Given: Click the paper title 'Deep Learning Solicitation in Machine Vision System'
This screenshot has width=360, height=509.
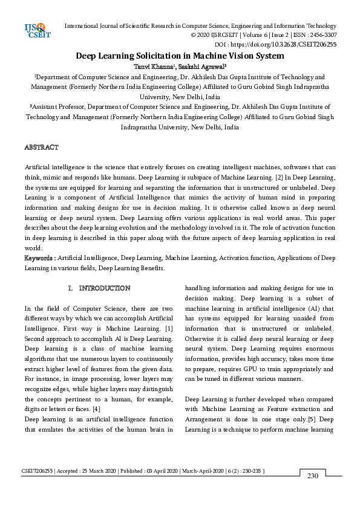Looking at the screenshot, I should (x=180, y=56).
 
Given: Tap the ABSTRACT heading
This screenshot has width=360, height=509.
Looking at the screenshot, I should (x=41, y=148).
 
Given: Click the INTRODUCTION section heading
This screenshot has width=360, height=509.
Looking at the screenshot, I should (x=104, y=288).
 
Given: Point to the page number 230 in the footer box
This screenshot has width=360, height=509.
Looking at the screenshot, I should (x=313, y=476).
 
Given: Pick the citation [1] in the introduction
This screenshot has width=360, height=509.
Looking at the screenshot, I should (x=169, y=328).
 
